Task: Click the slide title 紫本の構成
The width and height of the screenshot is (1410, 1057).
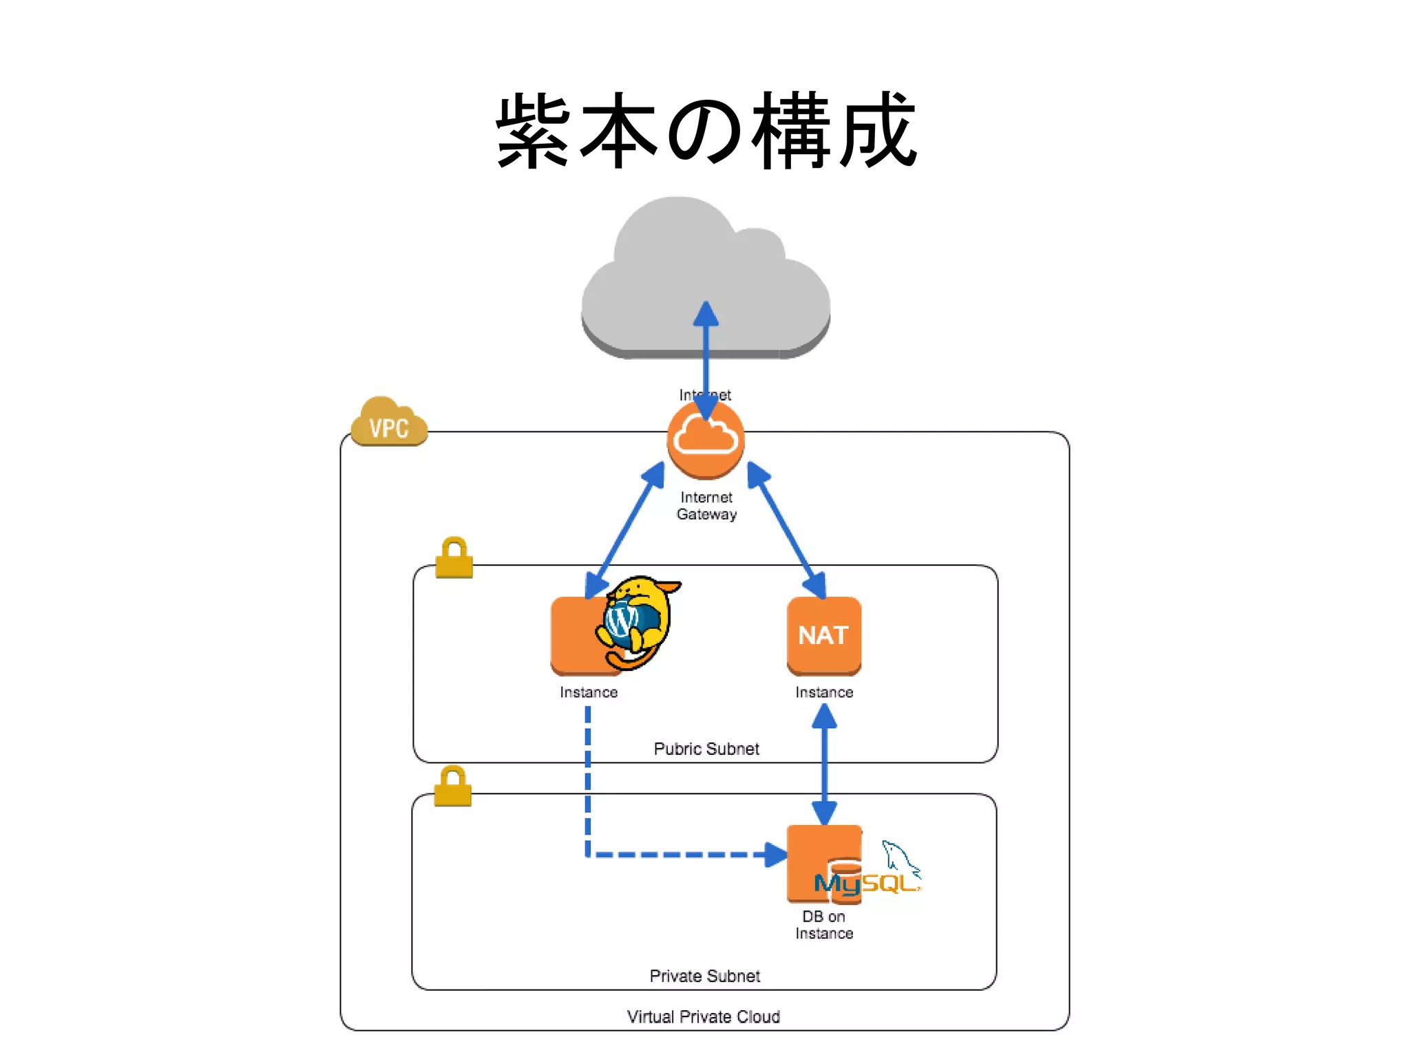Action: click(x=706, y=131)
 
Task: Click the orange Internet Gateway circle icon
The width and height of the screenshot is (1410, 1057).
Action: click(x=706, y=440)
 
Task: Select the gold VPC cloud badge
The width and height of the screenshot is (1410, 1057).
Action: click(x=389, y=423)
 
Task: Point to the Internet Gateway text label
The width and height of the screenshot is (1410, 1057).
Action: click(x=706, y=506)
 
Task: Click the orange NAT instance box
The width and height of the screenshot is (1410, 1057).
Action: click(x=824, y=635)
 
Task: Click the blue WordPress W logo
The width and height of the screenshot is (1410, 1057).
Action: click(x=622, y=620)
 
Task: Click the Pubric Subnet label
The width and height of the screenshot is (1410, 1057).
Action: click(x=706, y=749)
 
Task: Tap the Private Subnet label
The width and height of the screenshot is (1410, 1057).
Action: click(x=705, y=976)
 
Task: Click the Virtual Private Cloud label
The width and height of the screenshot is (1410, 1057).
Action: click(x=704, y=1016)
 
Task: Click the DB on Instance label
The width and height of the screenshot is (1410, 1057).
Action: click(x=824, y=925)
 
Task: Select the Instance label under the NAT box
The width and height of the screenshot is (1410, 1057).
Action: click(x=824, y=692)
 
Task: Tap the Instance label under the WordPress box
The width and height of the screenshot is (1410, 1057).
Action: click(x=589, y=692)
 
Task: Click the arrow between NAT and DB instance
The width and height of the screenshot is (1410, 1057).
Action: click(x=824, y=764)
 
